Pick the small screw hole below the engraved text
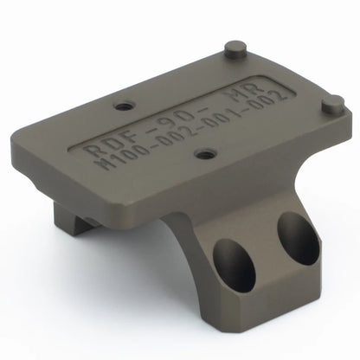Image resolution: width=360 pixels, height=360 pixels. point(204,154)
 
